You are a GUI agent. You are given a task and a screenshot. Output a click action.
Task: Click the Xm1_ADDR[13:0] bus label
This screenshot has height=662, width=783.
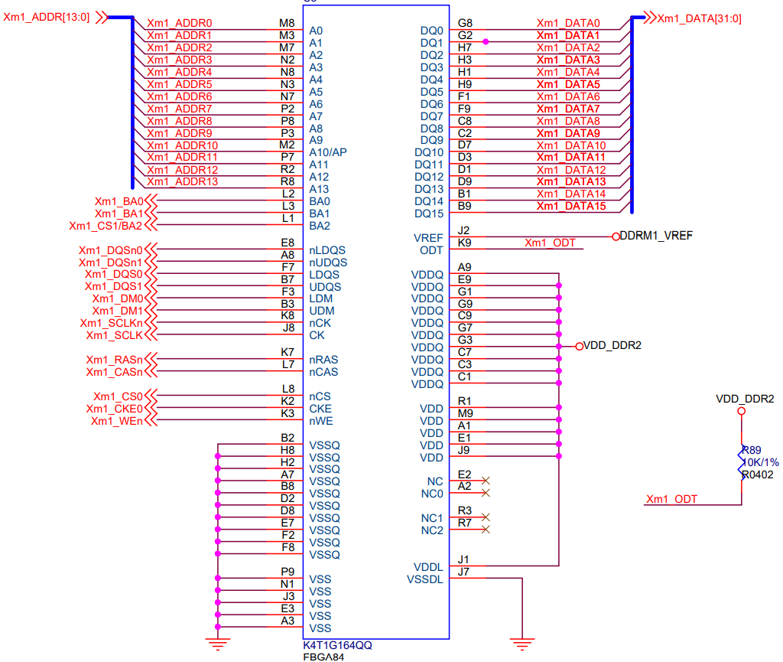coord(48,17)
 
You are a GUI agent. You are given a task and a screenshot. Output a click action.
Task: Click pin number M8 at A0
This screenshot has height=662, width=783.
coord(287,23)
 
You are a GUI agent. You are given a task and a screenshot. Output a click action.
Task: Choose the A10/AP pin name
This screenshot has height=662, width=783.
coord(328,152)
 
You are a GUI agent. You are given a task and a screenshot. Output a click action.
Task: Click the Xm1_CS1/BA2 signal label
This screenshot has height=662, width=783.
coord(106,226)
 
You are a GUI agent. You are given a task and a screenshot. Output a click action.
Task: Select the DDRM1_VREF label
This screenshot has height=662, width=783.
coord(656,236)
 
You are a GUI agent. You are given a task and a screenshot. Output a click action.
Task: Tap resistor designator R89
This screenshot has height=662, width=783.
coord(752,450)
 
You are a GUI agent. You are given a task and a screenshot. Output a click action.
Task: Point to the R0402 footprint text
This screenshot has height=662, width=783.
coord(757,474)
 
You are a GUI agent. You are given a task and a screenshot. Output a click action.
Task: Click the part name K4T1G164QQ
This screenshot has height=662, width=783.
coord(337,645)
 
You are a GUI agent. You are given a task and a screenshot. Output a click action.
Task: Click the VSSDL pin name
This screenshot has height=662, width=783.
coord(425,579)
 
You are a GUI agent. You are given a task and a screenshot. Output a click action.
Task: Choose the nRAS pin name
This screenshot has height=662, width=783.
coord(323,360)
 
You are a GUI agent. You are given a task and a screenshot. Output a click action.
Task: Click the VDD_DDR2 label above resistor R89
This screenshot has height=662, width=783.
coord(745,399)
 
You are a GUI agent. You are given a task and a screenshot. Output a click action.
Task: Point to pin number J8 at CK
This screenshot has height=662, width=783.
coord(288,328)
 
